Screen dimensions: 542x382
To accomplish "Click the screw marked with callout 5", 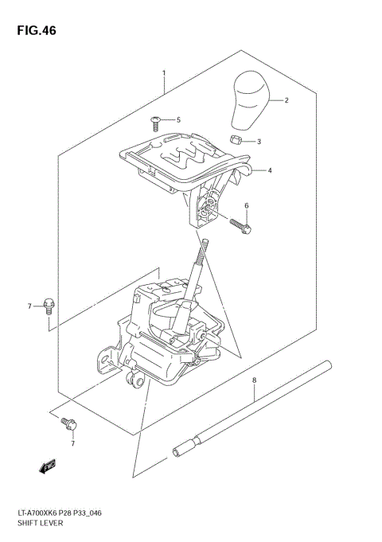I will pos(156,121).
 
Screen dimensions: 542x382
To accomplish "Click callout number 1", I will pos(164,73).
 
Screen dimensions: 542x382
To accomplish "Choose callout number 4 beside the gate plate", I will pos(271,170).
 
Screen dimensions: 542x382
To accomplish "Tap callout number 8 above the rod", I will pos(254,381).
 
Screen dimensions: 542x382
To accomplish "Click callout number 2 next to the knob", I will pos(286,101).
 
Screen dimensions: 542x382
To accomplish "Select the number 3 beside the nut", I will pos(259,142).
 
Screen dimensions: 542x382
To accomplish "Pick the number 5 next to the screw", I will pos(178,120).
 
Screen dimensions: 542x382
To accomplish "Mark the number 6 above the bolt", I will pos(247,206).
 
